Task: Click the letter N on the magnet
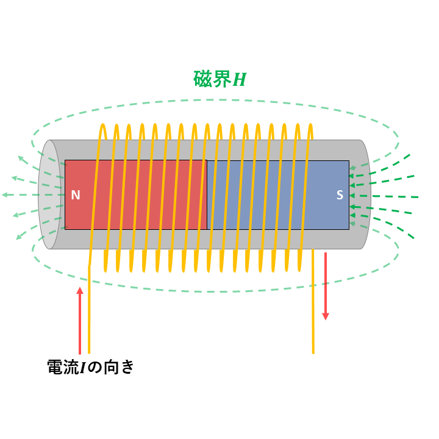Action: [76, 195]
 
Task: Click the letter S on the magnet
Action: [340, 195]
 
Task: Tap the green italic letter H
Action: [240, 79]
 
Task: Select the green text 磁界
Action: [212, 79]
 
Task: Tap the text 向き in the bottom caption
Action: [119, 367]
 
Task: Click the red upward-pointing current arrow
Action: [80, 321]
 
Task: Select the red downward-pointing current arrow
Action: [326, 286]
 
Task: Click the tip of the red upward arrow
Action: [80, 287]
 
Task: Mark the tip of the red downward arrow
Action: [326, 319]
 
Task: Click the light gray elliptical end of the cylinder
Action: [49, 195]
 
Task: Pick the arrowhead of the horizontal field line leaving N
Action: [4, 195]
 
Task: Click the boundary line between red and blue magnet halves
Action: [207, 195]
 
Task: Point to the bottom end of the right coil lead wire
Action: [313, 353]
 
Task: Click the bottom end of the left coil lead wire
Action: [89, 353]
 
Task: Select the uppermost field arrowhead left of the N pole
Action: [21, 159]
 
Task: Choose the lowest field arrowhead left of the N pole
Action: [19, 237]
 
